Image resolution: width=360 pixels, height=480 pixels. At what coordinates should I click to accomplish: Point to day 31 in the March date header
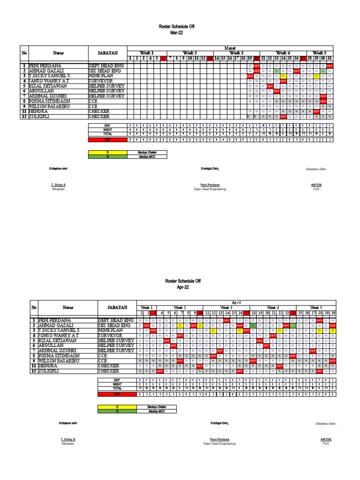(330, 58)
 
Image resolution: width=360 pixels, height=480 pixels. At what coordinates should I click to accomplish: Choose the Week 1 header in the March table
(147, 53)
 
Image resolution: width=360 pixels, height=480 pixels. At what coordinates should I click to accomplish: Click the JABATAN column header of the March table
(107, 53)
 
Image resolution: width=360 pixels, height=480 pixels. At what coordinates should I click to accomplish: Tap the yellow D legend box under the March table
(108, 152)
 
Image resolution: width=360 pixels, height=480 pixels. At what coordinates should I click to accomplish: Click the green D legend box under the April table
(117, 411)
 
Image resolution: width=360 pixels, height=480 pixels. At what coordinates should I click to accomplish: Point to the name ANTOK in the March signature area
(316, 185)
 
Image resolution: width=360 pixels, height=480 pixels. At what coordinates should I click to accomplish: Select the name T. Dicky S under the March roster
(58, 185)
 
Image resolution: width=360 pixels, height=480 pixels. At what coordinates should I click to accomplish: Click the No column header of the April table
(34, 307)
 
